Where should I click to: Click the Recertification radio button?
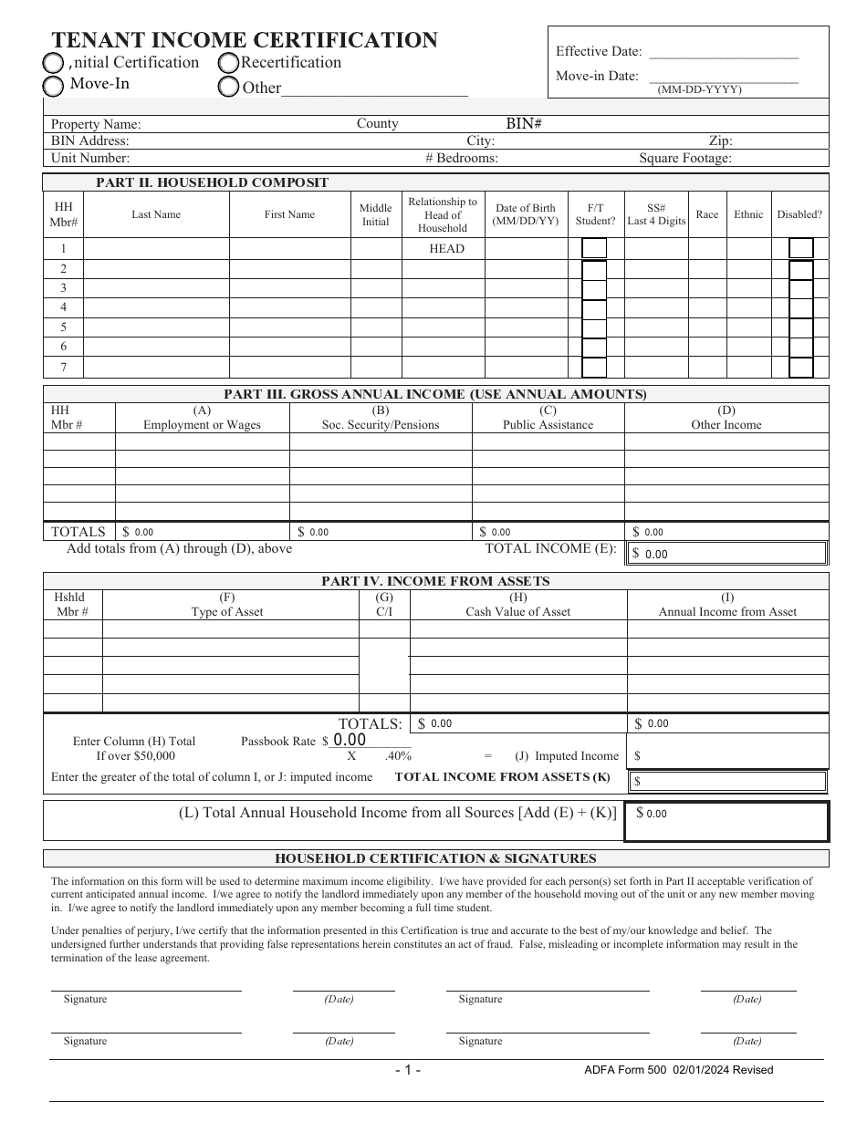tap(228, 63)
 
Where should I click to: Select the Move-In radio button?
tap(54, 86)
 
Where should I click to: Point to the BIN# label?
tap(524, 123)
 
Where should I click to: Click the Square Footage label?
tap(684, 158)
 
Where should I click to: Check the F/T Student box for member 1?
tap(594, 248)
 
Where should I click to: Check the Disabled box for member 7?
tap(801, 368)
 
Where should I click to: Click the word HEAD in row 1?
tap(446, 249)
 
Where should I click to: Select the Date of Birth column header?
tap(525, 214)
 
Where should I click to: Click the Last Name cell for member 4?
tap(155, 307)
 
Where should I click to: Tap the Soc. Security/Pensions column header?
tap(381, 418)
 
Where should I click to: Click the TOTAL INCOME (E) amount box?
tap(726, 554)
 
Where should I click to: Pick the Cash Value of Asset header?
tap(517, 605)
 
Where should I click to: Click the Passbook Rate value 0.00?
tap(350, 741)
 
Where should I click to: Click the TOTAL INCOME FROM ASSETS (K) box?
tap(726, 782)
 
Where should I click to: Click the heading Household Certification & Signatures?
tap(435, 858)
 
